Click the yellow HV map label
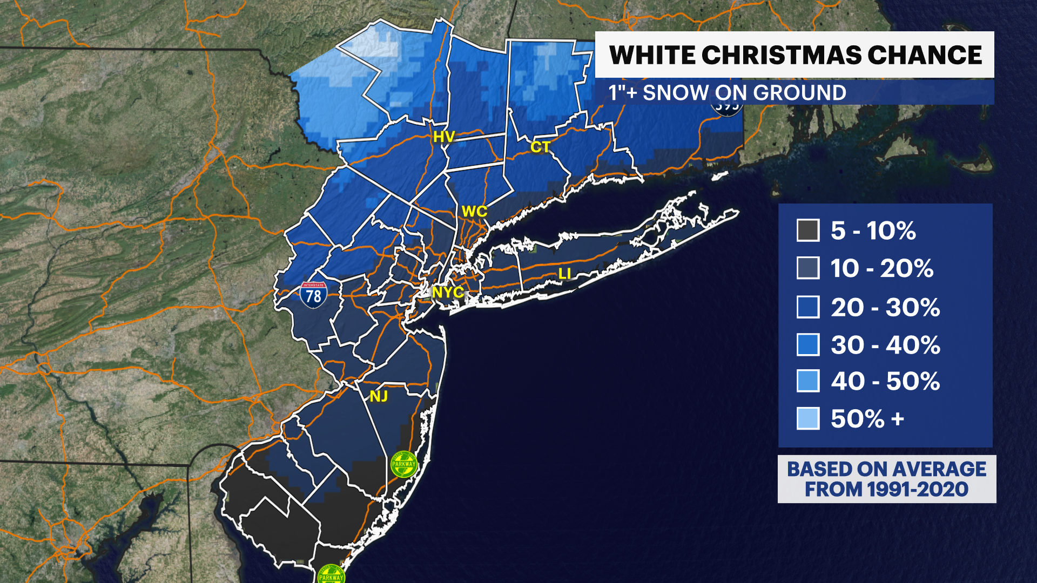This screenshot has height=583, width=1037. (x=444, y=137)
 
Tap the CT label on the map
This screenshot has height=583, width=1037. (x=540, y=147)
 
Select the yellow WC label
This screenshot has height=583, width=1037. (x=474, y=212)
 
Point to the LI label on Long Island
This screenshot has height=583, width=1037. (x=564, y=274)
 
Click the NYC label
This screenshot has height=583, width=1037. (x=448, y=292)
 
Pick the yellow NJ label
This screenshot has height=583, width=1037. (x=379, y=397)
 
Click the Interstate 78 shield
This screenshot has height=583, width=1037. (x=313, y=295)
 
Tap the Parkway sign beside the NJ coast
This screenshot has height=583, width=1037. (x=404, y=464)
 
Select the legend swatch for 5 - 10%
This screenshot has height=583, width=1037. (x=808, y=231)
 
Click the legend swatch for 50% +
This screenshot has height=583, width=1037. (x=808, y=418)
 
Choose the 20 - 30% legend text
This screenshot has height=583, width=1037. (x=885, y=307)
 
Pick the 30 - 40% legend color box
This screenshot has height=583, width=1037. (x=808, y=344)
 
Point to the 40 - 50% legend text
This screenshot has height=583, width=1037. (x=885, y=381)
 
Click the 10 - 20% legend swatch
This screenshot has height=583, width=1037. (x=808, y=268)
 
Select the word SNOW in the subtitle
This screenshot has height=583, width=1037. (x=675, y=93)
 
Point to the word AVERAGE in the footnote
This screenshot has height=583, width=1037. (x=940, y=469)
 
